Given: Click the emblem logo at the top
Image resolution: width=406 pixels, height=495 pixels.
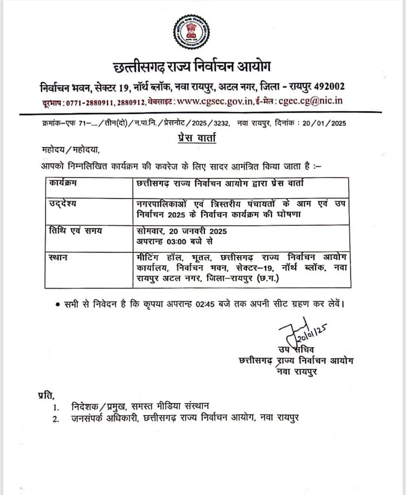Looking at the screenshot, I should (x=191, y=32).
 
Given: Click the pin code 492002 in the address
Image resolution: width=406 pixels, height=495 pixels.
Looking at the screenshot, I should (x=329, y=86).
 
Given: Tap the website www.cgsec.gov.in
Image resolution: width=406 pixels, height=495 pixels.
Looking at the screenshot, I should (x=215, y=101).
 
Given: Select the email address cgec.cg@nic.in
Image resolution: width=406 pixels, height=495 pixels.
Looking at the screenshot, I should (x=311, y=101).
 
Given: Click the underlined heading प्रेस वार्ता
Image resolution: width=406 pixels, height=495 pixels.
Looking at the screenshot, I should (x=197, y=138).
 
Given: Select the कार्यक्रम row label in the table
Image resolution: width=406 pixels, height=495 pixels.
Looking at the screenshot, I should (x=63, y=183).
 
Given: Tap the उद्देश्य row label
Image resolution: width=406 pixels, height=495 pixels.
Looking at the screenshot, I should (x=62, y=203).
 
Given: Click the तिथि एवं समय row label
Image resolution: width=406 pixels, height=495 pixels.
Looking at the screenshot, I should (x=76, y=230).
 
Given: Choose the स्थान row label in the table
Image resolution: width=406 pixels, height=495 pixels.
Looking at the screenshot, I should (x=58, y=257).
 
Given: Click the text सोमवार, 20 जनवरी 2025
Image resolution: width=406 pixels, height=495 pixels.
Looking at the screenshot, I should (x=182, y=231).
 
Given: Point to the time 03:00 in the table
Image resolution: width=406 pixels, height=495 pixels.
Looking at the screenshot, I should (x=176, y=241).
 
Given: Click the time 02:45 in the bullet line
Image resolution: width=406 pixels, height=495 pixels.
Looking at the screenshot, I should (x=205, y=304).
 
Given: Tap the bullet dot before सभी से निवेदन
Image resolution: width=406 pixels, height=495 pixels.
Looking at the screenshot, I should (x=58, y=304).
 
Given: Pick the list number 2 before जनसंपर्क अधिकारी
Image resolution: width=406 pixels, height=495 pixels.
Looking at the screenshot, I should (x=56, y=419).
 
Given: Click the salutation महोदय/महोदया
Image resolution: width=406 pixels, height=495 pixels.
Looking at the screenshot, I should (x=70, y=150).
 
